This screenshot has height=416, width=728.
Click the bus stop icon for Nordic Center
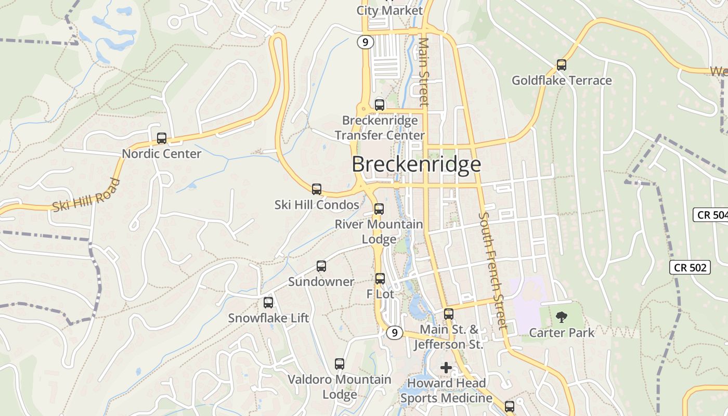pos(162,138)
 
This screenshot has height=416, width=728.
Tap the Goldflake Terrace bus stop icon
pos(561,65)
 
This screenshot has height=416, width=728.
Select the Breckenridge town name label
pos(416,164)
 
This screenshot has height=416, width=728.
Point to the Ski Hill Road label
pos(86,196)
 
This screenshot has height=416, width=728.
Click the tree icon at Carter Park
pos(561,317)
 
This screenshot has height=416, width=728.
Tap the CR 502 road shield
pos(690,267)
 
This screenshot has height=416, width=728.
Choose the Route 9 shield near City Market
pos(366,42)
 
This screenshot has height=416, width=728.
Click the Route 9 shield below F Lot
pos(395,332)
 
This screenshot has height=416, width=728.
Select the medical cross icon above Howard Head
pos(446,368)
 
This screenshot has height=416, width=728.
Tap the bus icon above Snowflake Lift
pos(268,302)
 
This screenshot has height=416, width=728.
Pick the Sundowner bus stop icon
pos(321,266)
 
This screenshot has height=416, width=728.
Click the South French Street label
pos(492,270)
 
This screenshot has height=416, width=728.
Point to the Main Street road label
pos(424,72)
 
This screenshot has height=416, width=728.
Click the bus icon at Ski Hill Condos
pos(317,189)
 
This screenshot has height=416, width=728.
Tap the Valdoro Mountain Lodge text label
pos(340,387)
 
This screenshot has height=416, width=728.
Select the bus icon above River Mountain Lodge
pos(379,209)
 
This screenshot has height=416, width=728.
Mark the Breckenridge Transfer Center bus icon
pos(380,105)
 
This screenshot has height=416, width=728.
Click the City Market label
pos(389,10)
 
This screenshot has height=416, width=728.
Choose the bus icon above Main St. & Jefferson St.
pos(448,314)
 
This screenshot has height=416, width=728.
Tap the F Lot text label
pos(380,294)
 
